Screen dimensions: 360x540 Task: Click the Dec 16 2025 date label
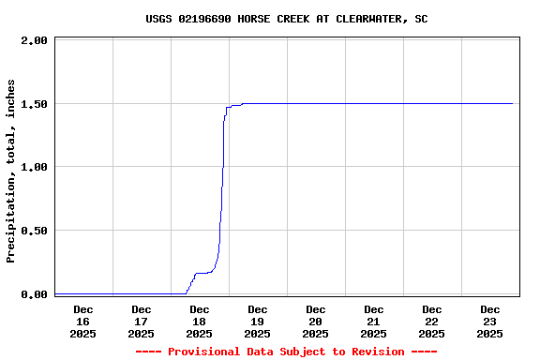[82, 321]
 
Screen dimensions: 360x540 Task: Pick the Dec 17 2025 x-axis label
[141, 321]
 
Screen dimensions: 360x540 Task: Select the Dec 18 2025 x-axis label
[199, 321]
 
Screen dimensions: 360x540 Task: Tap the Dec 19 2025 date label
[257, 321]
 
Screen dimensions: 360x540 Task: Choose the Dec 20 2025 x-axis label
[315, 321]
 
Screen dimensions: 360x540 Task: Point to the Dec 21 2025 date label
[373, 321]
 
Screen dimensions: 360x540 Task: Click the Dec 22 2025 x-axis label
[431, 321]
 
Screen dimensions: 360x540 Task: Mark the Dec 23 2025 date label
[489, 321]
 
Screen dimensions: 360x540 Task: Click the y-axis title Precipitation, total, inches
[11, 171]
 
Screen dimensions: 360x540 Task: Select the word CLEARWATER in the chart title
[366, 19]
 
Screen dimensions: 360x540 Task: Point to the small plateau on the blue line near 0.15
[202, 273]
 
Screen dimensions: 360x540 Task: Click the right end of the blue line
[513, 103]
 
